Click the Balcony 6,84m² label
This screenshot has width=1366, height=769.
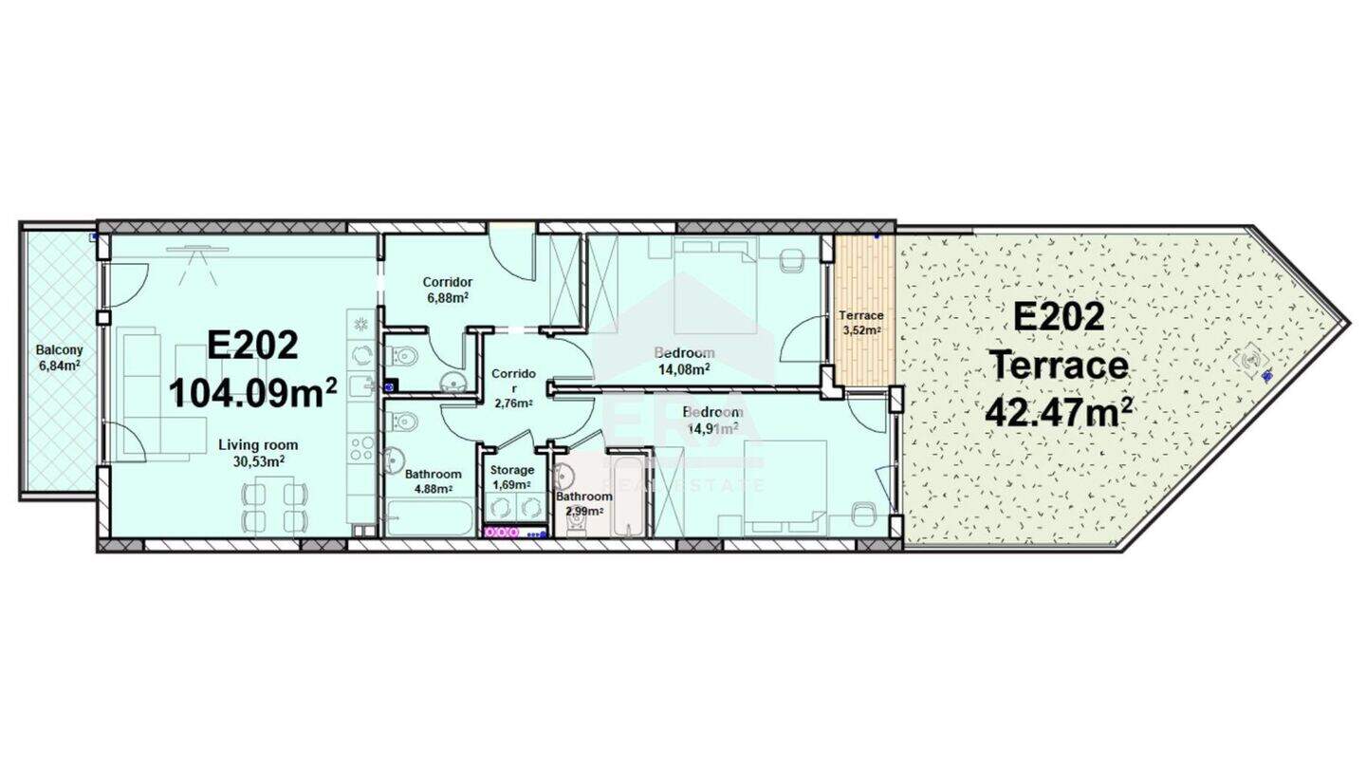(59, 358)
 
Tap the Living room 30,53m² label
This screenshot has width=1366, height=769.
(259, 454)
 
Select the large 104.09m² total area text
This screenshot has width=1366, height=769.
(253, 393)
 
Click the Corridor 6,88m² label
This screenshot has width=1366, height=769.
(448, 290)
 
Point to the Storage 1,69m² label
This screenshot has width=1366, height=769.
(512, 477)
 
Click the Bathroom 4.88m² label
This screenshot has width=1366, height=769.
(434, 481)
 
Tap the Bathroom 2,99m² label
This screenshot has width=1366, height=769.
(583, 504)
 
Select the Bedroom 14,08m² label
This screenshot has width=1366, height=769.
(684, 361)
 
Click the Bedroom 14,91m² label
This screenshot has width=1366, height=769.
(713, 420)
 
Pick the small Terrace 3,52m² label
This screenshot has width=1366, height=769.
(861, 323)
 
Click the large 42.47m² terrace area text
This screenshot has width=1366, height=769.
(1059, 412)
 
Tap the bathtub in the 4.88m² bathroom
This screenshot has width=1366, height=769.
(431, 518)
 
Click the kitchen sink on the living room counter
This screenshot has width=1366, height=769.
(360, 386)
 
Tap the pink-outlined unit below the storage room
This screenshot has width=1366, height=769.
(501, 533)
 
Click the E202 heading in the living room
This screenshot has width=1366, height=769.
(253, 346)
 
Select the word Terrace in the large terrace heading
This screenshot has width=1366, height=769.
(1060, 366)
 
